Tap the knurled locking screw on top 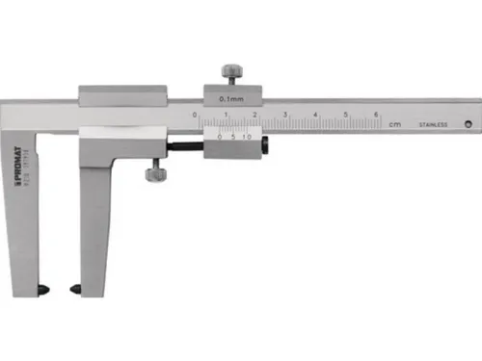tap(231, 73)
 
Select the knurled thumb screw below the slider tap(152, 174)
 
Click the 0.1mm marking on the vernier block tap(230, 98)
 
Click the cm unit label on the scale tap(394, 124)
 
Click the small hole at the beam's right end tap(468, 122)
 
